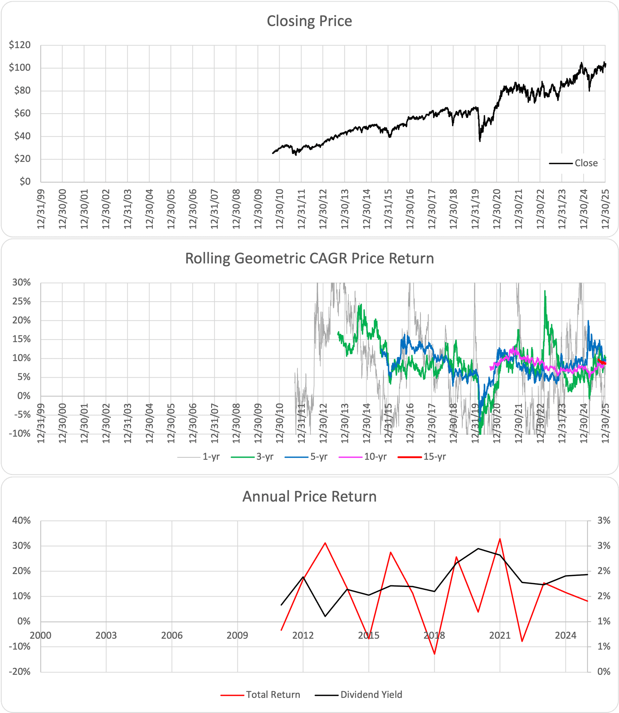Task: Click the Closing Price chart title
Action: [309, 21]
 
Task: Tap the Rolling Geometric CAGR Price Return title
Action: [309, 259]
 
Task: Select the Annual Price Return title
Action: [309, 496]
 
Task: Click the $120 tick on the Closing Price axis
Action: [20, 45]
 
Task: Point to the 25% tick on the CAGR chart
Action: [21, 301]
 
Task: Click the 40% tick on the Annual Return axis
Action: [21, 521]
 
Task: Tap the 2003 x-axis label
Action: [106, 636]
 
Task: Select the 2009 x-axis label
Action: [237, 636]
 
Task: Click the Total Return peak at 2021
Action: [500, 539]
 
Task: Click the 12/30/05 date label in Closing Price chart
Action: [171, 209]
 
